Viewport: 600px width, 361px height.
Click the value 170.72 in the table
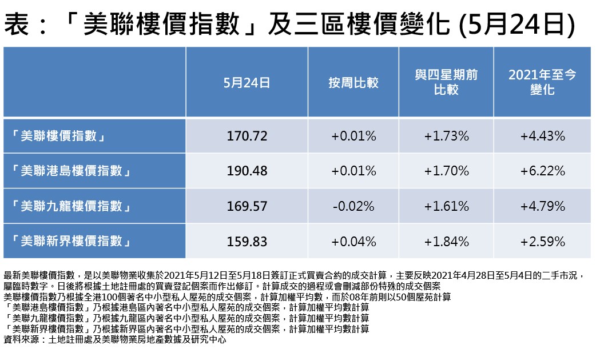pyautogui.click(x=247, y=136)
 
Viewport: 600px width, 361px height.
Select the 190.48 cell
pyautogui.click(x=247, y=171)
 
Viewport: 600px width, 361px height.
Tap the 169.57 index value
pyautogui.click(x=247, y=206)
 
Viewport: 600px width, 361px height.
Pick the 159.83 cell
pyautogui.click(x=247, y=242)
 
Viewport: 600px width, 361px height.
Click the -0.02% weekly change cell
pyautogui.click(x=353, y=206)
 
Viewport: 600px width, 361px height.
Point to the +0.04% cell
pyautogui.click(x=353, y=242)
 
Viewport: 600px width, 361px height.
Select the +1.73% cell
pyautogui.click(x=446, y=136)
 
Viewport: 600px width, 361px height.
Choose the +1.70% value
pyautogui.click(x=446, y=171)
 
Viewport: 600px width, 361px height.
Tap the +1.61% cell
pyautogui.click(x=446, y=206)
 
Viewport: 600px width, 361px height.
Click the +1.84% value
pyautogui.click(x=446, y=242)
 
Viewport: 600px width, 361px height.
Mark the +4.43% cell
pyautogui.click(x=542, y=136)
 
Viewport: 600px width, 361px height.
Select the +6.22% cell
pyautogui.click(x=542, y=171)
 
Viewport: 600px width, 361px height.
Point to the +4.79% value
pyautogui.click(x=542, y=206)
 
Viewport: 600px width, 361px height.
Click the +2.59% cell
pyautogui.click(x=542, y=242)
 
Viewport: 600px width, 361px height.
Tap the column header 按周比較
pyautogui.click(x=353, y=83)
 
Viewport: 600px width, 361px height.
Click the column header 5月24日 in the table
pyautogui.click(x=247, y=83)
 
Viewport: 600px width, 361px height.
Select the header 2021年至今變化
pyautogui.click(x=542, y=82)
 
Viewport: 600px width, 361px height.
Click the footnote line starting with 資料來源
pyautogui.click(x=114, y=339)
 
